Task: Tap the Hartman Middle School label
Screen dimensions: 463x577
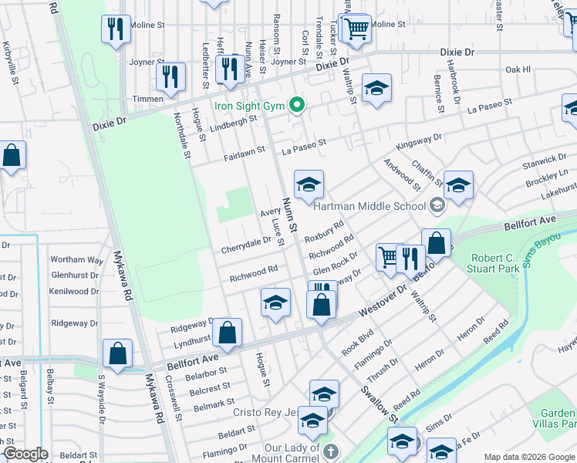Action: [369, 206]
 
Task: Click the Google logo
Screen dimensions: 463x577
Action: [25, 454]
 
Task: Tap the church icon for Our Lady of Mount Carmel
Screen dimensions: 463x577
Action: [330, 451]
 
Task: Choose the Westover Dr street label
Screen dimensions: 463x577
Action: [380, 306]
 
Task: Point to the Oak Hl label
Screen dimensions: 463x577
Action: [518, 69]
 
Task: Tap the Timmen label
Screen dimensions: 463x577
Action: [147, 99]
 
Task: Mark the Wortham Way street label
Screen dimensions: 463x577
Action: [76, 260]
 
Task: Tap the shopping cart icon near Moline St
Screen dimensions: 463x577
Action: [356, 29]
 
